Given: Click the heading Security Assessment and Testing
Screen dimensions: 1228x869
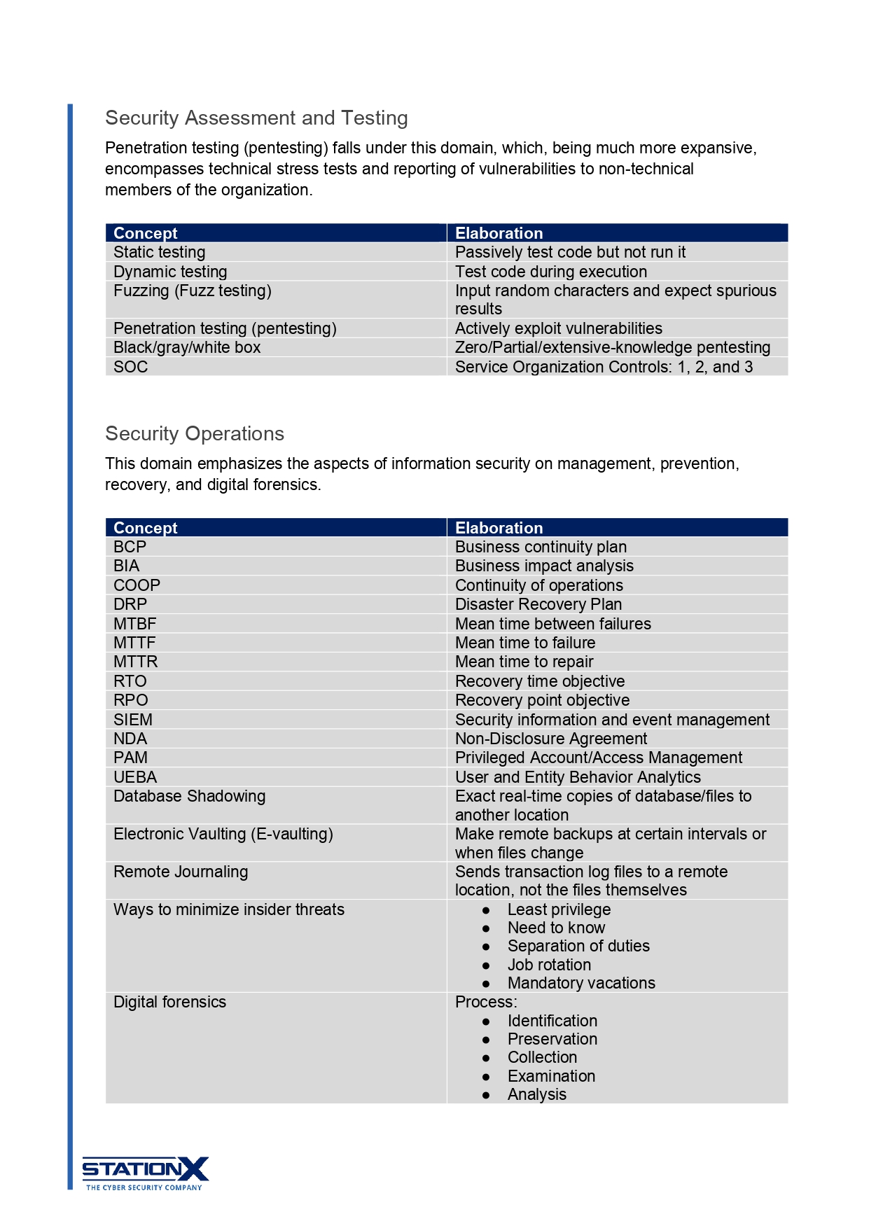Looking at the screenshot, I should coord(256,118).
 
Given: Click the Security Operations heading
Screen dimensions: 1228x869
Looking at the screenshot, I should coord(195,433).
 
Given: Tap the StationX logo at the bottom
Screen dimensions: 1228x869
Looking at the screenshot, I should coord(145,1173).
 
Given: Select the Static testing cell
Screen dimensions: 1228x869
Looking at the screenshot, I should coord(160,252).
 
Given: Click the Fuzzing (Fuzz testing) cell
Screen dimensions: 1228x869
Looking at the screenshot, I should coord(193,291).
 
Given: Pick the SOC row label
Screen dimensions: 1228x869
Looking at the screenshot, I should coord(131,367).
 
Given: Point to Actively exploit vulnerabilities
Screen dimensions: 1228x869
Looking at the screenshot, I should coord(558,328).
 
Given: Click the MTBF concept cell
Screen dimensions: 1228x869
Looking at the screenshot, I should coord(135,624).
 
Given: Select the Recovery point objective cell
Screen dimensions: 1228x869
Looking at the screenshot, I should coord(542,700).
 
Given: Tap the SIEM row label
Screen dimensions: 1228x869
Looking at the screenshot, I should coord(133,720).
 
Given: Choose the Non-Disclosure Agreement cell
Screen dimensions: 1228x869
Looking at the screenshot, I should coord(551,739).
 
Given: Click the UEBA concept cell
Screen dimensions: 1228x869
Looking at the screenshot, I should coord(135,777).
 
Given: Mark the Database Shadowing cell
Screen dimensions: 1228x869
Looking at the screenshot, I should coord(190,796).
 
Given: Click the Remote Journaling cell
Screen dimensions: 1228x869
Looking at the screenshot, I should coord(181,872).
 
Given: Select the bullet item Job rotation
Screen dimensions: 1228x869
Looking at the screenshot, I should coord(549,965).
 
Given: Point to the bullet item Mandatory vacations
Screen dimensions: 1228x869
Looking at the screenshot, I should coord(581,983).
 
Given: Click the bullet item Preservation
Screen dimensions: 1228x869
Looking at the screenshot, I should coord(552,1039).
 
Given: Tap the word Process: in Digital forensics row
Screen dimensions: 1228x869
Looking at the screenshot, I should coord(486,1002).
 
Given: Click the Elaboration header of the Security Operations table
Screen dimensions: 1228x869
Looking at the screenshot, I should coord(499,528).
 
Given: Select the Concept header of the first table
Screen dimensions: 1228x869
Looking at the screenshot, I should coord(146,233).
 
